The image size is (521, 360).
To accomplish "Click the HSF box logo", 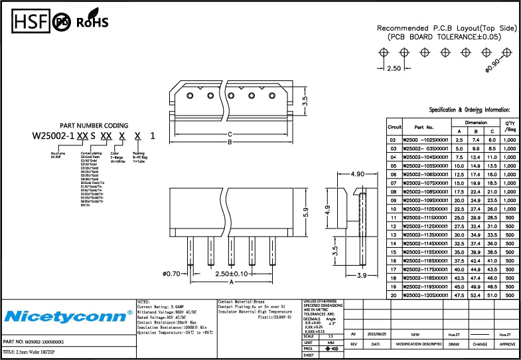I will pos(30,21).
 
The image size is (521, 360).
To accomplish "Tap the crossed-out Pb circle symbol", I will pos(62,22).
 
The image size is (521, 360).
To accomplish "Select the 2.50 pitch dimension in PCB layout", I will pos(394,68).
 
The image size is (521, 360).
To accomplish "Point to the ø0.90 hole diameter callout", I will pos(492,64).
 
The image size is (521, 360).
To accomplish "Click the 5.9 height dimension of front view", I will pos(306,214).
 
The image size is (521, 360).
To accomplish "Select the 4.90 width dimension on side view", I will pos(358,174).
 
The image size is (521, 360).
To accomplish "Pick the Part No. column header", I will pos(423,126).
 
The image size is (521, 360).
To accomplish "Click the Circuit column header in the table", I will pos(394,126).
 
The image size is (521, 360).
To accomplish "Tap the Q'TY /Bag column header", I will pos(510,126).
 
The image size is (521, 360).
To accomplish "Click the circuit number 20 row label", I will pos(394,294).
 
